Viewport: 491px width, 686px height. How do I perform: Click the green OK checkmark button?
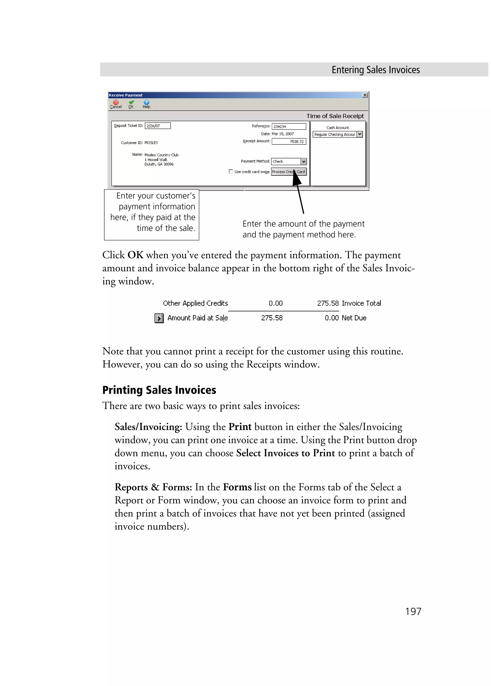(x=131, y=104)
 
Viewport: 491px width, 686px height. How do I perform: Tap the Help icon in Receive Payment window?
(x=146, y=104)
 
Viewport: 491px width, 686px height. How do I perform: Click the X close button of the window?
(x=365, y=95)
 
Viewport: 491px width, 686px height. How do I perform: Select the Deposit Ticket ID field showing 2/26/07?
(x=158, y=126)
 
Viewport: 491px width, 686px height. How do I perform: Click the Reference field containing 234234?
(x=289, y=126)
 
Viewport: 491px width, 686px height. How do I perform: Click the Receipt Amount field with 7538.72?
(x=289, y=142)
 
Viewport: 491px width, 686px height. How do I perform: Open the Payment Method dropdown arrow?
(x=304, y=161)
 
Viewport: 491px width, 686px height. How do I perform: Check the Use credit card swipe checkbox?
(x=231, y=172)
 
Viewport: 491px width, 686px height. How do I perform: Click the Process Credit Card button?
(x=289, y=172)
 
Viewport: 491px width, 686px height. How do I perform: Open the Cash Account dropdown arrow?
(x=360, y=134)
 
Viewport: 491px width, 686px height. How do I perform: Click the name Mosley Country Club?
(x=161, y=155)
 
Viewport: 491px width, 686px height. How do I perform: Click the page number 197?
(x=413, y=611)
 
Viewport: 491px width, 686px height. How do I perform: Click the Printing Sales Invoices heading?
(x=159, y=390)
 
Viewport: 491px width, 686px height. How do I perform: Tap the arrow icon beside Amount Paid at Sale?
(x=159, y=318)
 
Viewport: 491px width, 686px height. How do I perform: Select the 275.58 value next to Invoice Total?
(x=327, y=303)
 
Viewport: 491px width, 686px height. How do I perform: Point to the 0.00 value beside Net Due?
(x=332, y=318)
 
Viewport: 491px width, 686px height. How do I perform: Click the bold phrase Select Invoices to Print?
(x=285, y=453)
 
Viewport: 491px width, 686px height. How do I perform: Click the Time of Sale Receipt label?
(x=335, y=116)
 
